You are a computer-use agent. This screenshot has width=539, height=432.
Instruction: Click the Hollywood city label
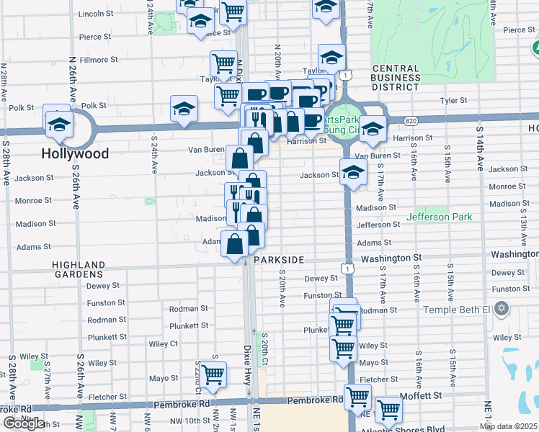coord(75,153)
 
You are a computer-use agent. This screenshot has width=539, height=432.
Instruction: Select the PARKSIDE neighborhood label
coord(280,258)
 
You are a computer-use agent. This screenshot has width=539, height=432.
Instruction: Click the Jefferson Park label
coord(439,217)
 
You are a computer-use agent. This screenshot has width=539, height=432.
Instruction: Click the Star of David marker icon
coord(502,310)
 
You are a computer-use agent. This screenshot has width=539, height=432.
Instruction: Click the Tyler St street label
coord(454,101)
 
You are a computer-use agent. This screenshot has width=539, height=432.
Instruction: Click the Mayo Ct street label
coord(164,378)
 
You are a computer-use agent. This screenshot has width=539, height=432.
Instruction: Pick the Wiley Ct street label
coord(164,343)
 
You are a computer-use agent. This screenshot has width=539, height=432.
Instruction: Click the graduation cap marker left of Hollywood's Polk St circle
coord(57,123)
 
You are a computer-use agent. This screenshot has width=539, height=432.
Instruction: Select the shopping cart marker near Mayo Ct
coord(213,374)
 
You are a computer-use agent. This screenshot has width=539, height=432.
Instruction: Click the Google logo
coord(25,424)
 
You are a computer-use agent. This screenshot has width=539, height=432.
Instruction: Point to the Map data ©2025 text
coord(508,426)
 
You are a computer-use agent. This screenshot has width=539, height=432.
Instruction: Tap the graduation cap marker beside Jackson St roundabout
coord(353,174)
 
